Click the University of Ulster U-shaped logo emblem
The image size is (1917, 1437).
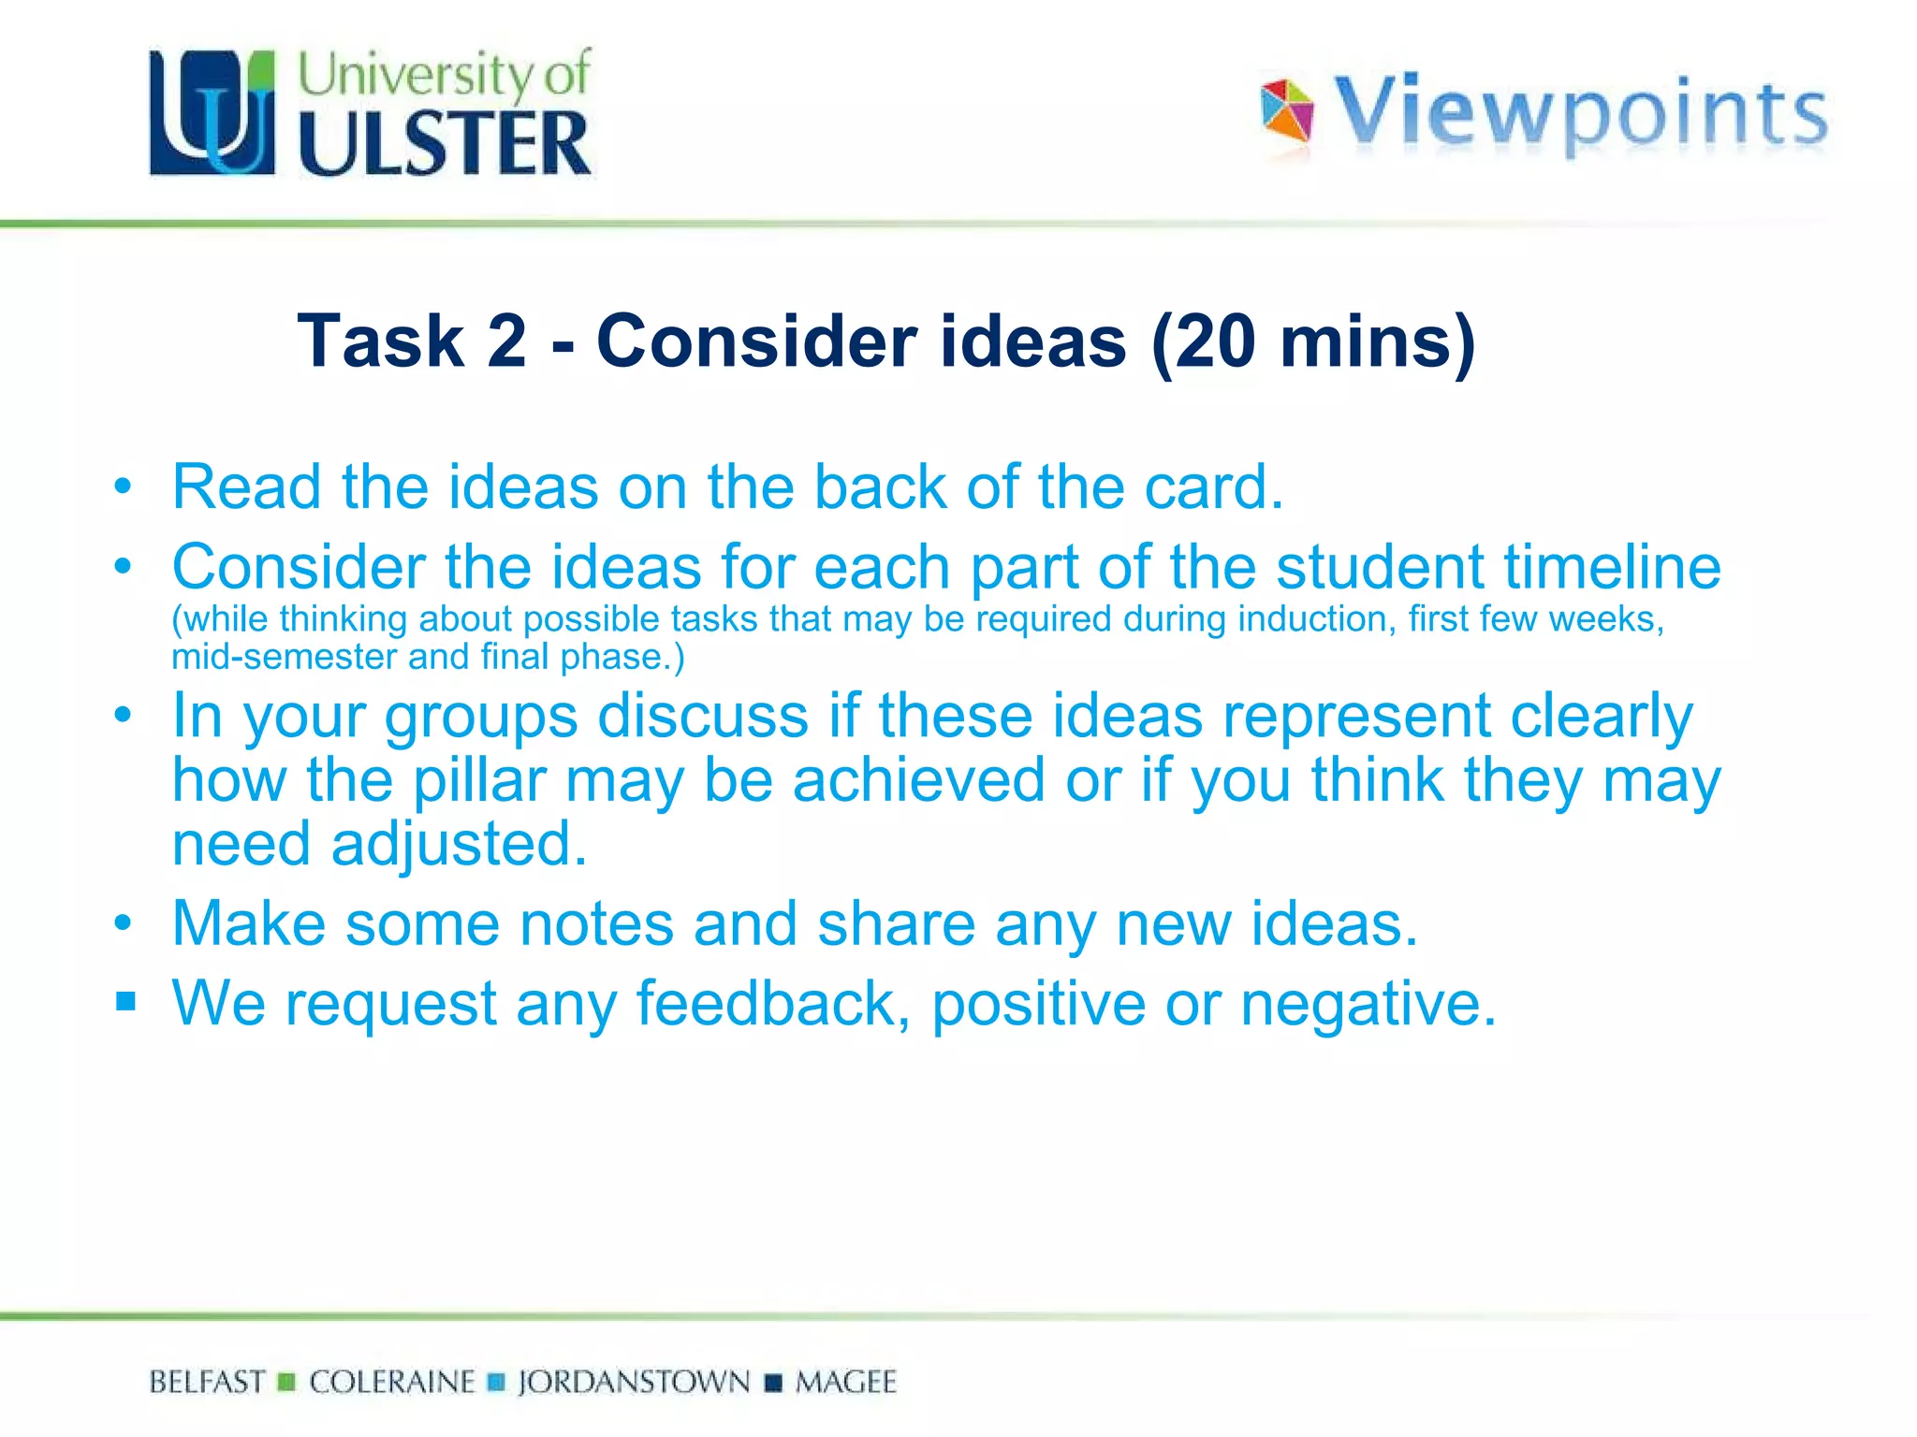(212, 113)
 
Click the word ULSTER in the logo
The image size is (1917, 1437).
(445, 143)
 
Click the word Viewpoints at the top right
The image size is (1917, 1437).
(1580, 113)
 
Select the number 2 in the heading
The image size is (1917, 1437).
(506, 341)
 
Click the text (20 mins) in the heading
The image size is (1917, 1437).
(1313, 342)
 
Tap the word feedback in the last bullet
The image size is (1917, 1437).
(773, 1004)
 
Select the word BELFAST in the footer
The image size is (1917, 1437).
(207, 1382)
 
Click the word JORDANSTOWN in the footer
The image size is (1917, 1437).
(634, 1382)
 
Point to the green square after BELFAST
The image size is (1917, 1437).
(287, 1382)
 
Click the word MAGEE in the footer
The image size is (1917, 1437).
(845, 1382)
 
